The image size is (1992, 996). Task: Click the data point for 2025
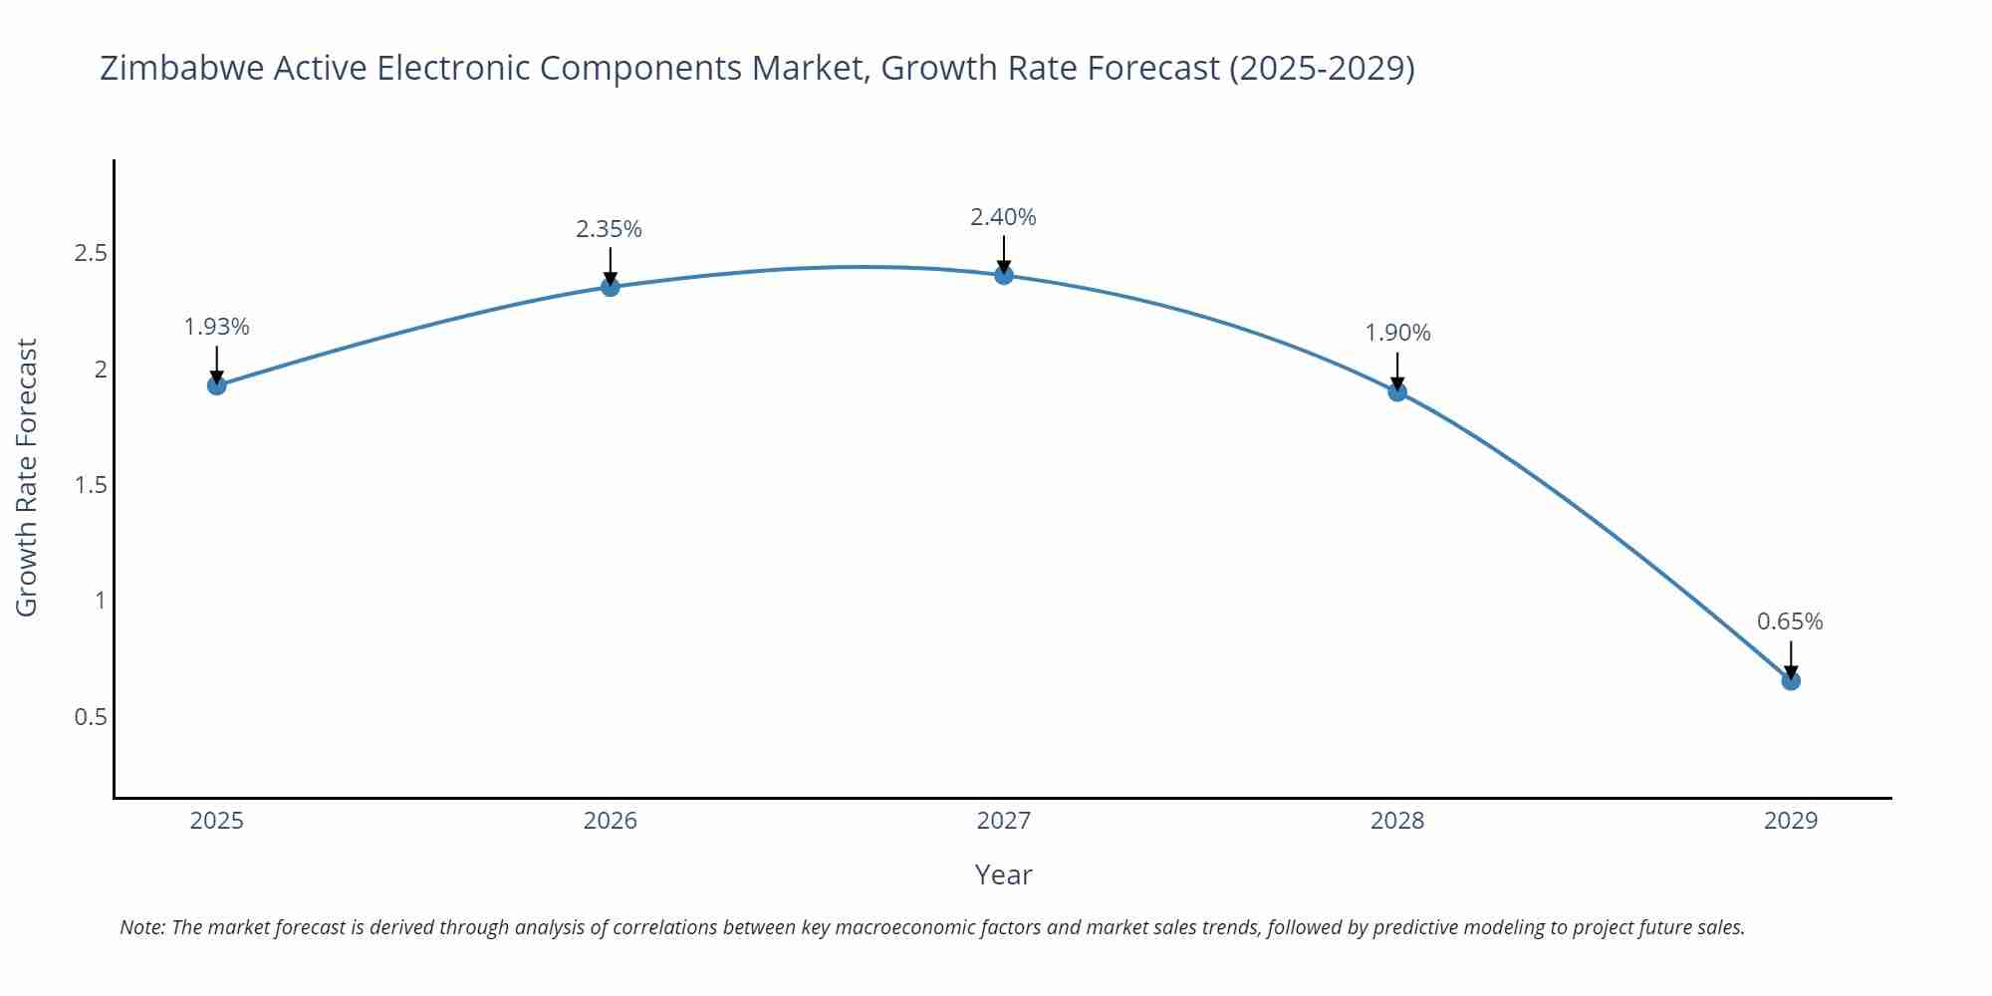[x=217, y=385]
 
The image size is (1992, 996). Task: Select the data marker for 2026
[x=611, y=287]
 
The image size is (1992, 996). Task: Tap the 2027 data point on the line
[x=1004, y=275]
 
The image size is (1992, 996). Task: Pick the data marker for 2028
[x=1397, y=391]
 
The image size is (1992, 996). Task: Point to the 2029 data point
[x=1791, y=681]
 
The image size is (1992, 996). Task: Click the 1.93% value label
[x=217, y=327]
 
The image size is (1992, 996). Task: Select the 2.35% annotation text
[x=610, y=229]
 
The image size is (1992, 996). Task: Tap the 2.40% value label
[x=1004, y=217]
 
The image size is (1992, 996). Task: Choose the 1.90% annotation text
[x=1397, y=333]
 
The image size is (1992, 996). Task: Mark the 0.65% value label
[x=1790, y=622]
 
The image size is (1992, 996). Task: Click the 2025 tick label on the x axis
[x=217, y=821]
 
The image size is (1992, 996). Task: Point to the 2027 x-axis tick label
[x=1004, y=821]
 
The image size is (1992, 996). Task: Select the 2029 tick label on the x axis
[x=1791, y=821]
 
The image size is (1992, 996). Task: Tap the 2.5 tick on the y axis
[x=91, y=253]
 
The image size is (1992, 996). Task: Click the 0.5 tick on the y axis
[x=91, y=717]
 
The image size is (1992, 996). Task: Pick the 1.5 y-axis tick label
[x=91, y=485]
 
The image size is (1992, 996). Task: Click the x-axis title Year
[x=1004, y=874]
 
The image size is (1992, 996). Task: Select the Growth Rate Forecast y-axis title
[x=27, y=477]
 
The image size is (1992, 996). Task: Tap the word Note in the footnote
[x=142, y=927]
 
